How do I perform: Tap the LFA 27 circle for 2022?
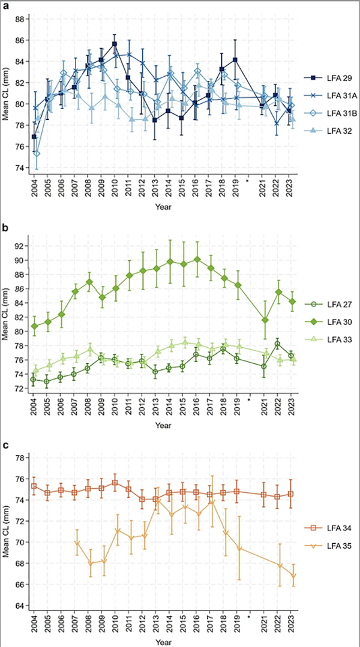(278, 344)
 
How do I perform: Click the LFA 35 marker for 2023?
(293, 576)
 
